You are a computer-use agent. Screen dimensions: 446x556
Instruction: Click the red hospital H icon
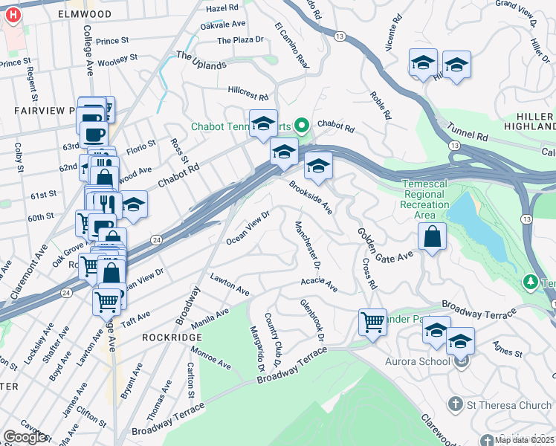pos(13,14)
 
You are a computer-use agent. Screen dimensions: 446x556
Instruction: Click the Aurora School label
pos(417,361)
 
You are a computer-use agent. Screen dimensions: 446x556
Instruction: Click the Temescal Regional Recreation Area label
pos(424,194)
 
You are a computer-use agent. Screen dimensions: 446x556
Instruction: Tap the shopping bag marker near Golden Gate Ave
pos(432,239)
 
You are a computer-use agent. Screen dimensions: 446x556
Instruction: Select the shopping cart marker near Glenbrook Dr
pos(372,323)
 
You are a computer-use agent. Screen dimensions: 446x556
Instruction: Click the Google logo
pos(25,437)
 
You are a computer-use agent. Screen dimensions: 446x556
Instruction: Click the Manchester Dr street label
pos(307,245)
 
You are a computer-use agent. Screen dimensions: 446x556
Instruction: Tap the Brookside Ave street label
pos(310,196)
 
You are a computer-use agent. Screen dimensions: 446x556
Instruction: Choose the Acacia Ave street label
pos(319,284)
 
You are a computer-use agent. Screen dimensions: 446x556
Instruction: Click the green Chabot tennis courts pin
pos(303,126)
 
